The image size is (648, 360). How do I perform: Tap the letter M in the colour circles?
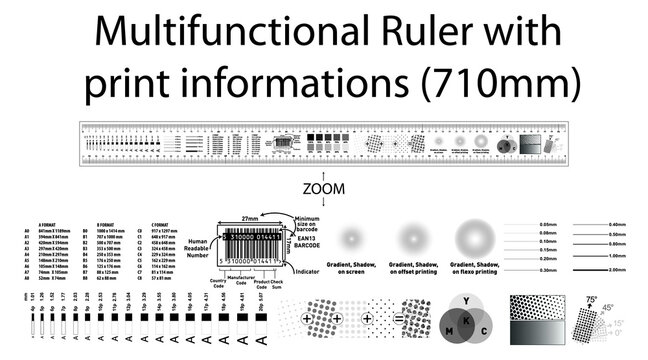447,331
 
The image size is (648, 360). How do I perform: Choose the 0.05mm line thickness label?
546,224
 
